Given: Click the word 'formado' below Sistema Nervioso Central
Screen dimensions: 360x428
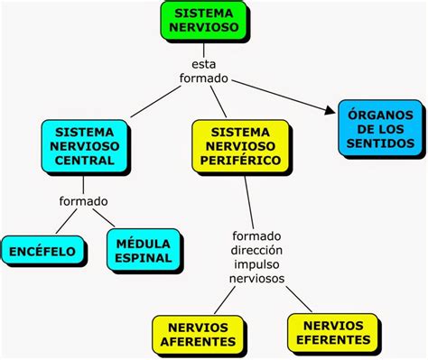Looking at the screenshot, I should point(83,200).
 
